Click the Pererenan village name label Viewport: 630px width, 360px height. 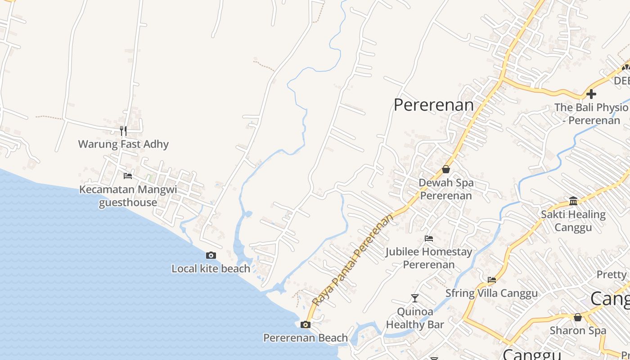[433, 105]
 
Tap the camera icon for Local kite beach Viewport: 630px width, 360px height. [211, 256]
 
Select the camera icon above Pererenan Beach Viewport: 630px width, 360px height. [306, 324]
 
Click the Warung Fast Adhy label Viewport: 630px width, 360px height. [123, 144]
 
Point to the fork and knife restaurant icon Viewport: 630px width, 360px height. [123, 131]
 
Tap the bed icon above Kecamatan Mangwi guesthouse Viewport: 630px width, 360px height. [128, 175]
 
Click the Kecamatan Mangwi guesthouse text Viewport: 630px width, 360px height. [128, 196]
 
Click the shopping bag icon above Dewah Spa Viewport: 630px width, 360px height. [446, 169]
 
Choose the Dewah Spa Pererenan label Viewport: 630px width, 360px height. [446, 189]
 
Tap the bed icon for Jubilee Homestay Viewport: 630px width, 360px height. [429, 238]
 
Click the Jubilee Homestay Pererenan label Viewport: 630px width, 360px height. [429, 258]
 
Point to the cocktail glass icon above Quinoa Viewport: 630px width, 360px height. [415, 298]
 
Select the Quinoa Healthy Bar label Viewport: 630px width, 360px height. [415, 318]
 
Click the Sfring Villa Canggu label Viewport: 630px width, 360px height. [491, 293]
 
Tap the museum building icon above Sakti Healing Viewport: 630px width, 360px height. [573, 201]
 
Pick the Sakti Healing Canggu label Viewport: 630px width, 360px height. [573, 220]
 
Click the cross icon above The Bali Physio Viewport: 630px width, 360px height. [591, 94]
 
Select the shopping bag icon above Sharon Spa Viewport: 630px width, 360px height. [578, 317]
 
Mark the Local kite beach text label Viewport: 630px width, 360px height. [211, 269]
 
